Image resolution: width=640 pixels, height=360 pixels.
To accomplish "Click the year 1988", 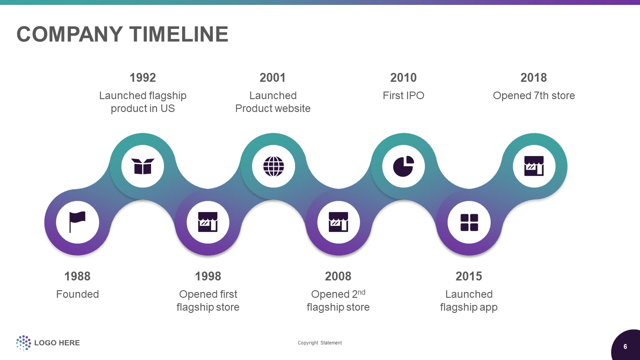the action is [77, 276].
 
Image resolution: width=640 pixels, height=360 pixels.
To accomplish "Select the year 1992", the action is [143, 78].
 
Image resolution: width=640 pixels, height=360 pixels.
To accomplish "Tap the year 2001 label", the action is [272, 78].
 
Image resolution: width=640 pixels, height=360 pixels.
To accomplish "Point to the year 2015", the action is [468, 276].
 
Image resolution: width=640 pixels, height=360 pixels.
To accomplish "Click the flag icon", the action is [77, 222].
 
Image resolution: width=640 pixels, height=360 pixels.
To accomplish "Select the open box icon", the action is [143, 166].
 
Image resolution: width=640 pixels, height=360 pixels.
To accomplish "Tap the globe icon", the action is [273, 166].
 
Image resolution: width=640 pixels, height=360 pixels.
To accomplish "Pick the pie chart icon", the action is [404, 166].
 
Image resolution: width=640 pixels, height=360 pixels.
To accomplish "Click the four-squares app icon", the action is [469, 222].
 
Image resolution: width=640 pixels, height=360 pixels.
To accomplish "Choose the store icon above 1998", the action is [208, 222].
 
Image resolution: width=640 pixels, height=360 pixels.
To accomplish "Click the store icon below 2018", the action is [534, 166].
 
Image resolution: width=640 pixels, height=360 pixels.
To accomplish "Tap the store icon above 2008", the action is [338, 222].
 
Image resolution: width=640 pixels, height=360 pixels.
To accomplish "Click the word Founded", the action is [77, 294].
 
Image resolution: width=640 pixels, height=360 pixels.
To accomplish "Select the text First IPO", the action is [404, 96].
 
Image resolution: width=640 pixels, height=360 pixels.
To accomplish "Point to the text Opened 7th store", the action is [534, 96].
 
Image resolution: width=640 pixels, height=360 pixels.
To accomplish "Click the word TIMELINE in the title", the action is [179, 34].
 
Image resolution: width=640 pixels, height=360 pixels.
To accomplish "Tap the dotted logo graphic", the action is [24, 343].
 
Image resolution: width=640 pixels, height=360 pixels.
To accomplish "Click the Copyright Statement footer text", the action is [320, 343].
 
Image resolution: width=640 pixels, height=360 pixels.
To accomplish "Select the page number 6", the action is [625, 347].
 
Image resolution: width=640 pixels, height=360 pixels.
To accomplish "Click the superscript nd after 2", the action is [361, 292].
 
